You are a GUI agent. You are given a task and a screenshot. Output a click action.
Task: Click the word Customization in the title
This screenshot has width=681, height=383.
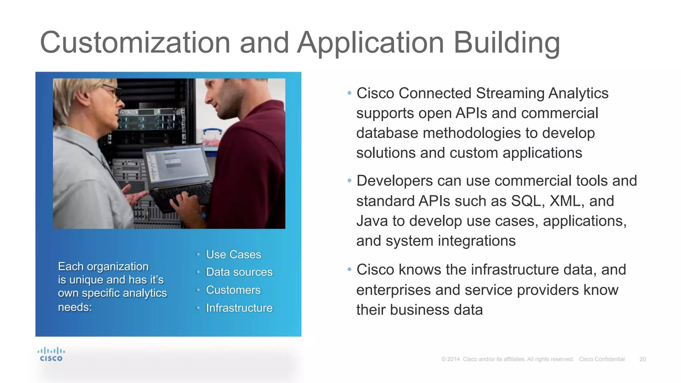tap(135, 43)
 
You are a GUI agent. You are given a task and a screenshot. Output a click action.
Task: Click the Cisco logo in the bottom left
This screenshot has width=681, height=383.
tap(51, 354)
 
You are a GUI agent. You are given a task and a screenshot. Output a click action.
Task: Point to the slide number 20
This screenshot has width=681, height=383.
tap(642, 359)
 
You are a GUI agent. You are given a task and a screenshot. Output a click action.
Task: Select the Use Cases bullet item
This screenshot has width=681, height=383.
tap(233, 254)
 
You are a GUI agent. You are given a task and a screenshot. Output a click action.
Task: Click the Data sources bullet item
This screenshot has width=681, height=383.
tap(239, 272)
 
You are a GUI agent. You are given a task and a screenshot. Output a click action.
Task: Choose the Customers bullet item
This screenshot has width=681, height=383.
tap(233, 290)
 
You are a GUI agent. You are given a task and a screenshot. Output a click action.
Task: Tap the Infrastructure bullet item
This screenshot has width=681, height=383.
tap(239, 308)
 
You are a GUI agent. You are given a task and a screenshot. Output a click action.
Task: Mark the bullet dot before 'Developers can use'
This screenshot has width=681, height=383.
tap(349, 181)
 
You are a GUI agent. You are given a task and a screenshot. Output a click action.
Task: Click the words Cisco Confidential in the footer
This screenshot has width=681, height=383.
tap(602, 359)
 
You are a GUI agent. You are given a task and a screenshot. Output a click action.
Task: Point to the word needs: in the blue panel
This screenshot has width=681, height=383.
tap(75, 307)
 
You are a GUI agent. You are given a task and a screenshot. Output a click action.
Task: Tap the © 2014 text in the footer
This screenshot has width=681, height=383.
tap(451, 359)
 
